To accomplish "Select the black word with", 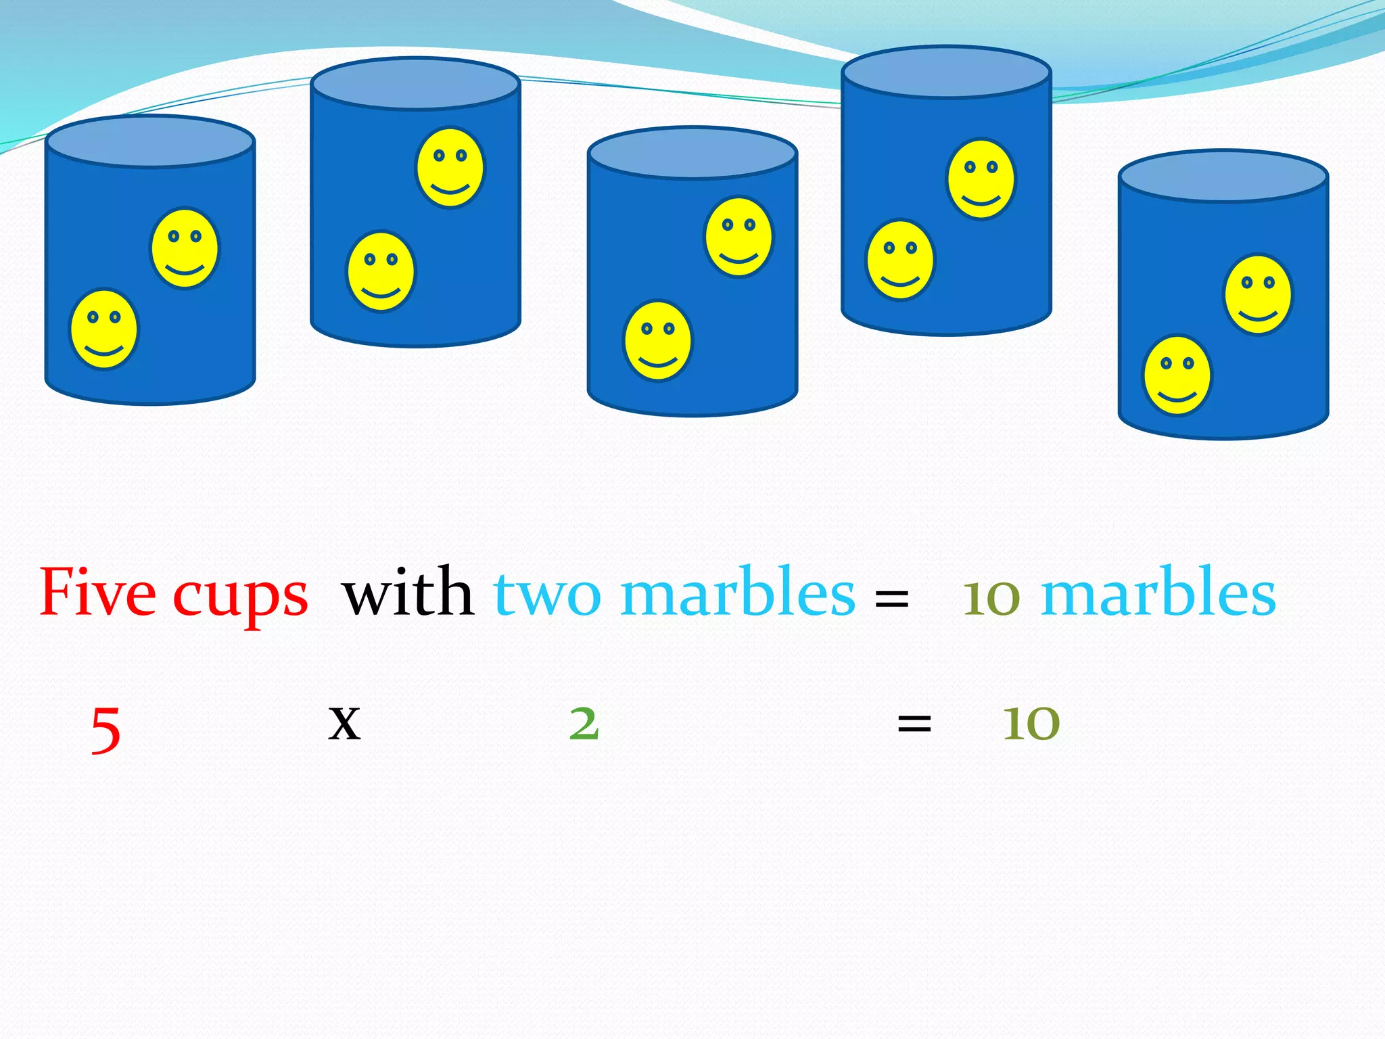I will (x=408, y=593).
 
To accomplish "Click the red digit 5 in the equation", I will (x=106, y=729).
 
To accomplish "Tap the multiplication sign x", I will (x=344, y=723).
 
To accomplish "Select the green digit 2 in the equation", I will (x=584, y=723).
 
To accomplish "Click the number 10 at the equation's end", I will (x=1031, y=723).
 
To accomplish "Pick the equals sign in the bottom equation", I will (x=914, y=724).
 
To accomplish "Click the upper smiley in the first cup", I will (x=185, y=248).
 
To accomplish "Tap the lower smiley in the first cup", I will (x=104, y=329).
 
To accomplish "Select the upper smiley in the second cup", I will (x=450, y=167).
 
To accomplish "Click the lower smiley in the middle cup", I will (x=658, y=340).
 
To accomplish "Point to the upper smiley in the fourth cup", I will (x=981, y=179).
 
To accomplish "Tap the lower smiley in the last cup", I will (x=1177, y=375).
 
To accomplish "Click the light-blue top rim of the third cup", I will (x=692, y=153).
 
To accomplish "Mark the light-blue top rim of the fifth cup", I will (x=1223, y=176).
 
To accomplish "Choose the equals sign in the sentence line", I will (x=891, y=598).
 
